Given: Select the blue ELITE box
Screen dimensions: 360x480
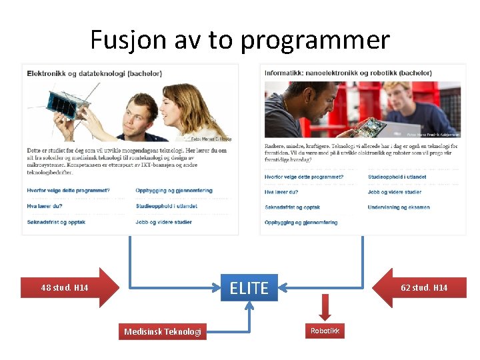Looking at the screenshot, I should (249, 288).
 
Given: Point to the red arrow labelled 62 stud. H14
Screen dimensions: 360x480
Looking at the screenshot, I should (421, 287).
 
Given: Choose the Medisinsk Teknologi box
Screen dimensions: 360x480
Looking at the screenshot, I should (163, 331).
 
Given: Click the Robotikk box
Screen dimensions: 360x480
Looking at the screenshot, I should (325, 331).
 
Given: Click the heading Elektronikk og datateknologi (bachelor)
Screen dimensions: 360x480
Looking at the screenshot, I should (94, 73).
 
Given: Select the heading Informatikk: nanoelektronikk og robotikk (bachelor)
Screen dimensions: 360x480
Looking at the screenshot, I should (348, 73).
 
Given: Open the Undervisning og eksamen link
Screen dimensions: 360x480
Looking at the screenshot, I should (398, 207).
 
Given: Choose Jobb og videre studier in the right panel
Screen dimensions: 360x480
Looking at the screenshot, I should (394, 192).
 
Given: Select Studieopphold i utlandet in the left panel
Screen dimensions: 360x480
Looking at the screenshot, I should (166, 207).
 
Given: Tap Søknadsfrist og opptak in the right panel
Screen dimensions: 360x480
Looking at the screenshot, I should (292, 207).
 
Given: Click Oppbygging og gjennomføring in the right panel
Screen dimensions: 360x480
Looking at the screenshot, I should (301, 223).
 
